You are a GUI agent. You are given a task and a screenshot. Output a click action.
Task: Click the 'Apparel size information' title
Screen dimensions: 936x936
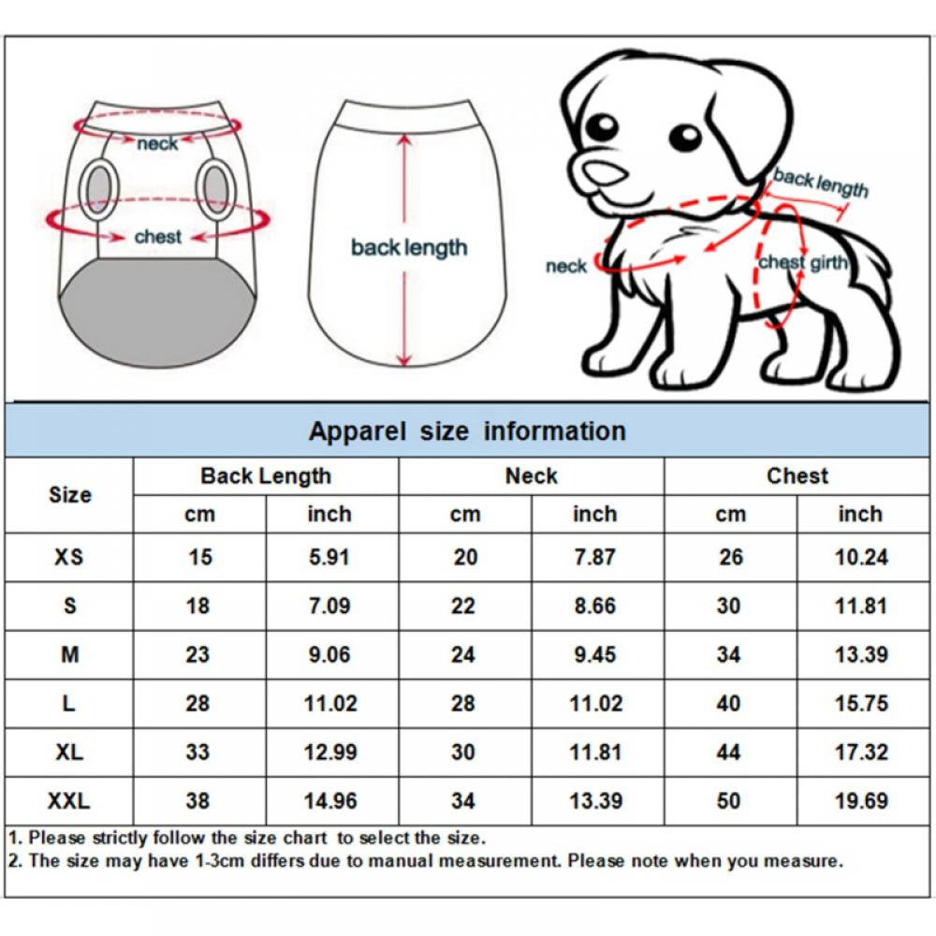[467, 431]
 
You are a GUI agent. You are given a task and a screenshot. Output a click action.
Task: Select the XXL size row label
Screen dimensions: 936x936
[69, 801]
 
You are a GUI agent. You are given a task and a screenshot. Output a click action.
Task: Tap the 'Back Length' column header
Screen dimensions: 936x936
[266, 475]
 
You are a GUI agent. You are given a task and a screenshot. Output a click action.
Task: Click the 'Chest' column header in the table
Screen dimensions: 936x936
[797, 475]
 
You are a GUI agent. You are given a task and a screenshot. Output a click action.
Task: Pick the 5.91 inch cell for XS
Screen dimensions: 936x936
[329, 557]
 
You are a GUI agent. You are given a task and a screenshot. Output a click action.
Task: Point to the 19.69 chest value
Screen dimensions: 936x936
[861, 801]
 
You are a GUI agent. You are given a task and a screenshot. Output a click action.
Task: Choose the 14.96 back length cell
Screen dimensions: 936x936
[329, 801]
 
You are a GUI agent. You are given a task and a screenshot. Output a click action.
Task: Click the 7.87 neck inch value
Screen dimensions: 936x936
[594, 557]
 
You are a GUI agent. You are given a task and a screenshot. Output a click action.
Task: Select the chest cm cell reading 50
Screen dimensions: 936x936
[729, 801]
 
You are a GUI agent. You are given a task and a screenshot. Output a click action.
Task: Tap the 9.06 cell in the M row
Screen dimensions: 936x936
[329, 654]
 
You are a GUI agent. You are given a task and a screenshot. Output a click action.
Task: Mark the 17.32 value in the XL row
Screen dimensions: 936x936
[861, 752]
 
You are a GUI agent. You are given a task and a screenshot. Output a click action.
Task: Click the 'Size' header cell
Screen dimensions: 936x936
[69, 494]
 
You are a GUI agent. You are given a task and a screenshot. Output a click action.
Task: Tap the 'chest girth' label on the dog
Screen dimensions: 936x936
[802, 263]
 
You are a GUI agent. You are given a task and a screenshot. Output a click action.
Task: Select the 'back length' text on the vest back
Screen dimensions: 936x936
[408, 248]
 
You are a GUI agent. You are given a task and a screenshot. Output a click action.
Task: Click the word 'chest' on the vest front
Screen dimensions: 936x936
[157, 237]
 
